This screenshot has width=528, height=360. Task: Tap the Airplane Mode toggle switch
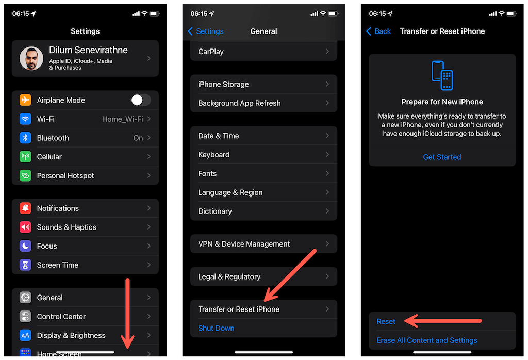click(x=141, y=100)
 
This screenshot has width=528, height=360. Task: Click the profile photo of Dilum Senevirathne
click(x=31, y=58)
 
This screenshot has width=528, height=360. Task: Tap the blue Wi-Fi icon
click(x=25, y=119)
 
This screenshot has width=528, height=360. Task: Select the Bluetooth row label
click(x=53, y=138)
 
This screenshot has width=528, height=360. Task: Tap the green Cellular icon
click(x=25, y=157)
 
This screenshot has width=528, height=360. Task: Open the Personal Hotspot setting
click(x=65, y=175)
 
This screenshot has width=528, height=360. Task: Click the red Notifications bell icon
click(x=25, y=208)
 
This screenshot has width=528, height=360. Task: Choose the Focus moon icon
click(x=25, y=246)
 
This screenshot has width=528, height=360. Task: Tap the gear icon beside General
click(x=25, y=298)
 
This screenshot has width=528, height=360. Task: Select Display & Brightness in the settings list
click(x=71, y=335)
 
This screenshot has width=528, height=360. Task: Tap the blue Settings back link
click(x=205, y=31)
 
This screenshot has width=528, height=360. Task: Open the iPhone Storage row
click(x=223, y=84)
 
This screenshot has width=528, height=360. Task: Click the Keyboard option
click(x=214, y=155)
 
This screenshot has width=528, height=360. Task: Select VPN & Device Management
click(x=244, y=244)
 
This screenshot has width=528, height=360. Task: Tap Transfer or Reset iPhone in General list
click(x=239, y=309)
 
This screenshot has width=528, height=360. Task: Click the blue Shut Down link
click(x=216, y=328)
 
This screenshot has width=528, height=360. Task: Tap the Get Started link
click(x=442, y=157)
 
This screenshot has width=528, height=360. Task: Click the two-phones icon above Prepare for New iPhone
click(x=442, y=75)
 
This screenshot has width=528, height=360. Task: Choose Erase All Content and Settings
click(x=426, y=340)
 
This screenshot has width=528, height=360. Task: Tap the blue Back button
click(x=378, y=31)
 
